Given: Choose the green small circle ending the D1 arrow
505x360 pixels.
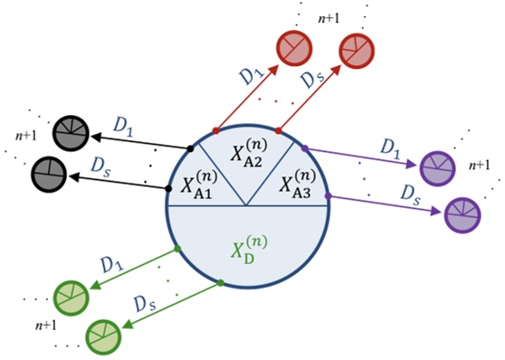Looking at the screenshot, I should pyautogui.click(x=70, y=296).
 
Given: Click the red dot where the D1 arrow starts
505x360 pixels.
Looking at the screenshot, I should pyautogui.click(x=215, y=129).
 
